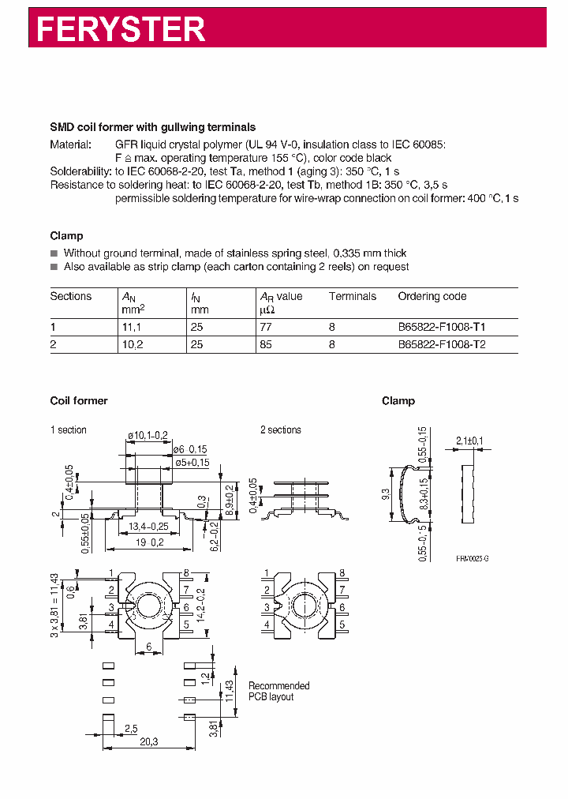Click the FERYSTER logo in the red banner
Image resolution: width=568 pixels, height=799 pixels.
121,29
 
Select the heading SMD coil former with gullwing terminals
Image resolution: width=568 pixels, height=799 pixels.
152,127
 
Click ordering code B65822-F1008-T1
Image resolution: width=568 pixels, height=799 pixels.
447,325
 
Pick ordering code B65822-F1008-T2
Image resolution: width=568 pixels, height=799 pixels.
447,344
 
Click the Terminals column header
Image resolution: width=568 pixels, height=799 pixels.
352,297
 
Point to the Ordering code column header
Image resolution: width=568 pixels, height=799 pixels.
432,297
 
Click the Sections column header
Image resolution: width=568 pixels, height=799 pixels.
71,297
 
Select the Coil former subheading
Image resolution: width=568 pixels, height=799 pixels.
79,401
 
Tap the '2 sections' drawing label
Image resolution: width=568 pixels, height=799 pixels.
281,430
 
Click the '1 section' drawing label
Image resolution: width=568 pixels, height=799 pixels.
69,430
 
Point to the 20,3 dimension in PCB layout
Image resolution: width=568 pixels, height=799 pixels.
148,741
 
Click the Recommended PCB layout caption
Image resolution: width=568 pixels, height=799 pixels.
278,692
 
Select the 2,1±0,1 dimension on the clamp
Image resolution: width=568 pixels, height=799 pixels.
469,441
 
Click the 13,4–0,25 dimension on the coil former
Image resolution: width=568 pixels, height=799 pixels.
148,527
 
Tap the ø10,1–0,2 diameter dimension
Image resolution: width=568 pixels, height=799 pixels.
147,435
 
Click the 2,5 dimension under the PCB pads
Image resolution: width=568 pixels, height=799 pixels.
130,727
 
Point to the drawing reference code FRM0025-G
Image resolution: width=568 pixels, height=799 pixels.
472,558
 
